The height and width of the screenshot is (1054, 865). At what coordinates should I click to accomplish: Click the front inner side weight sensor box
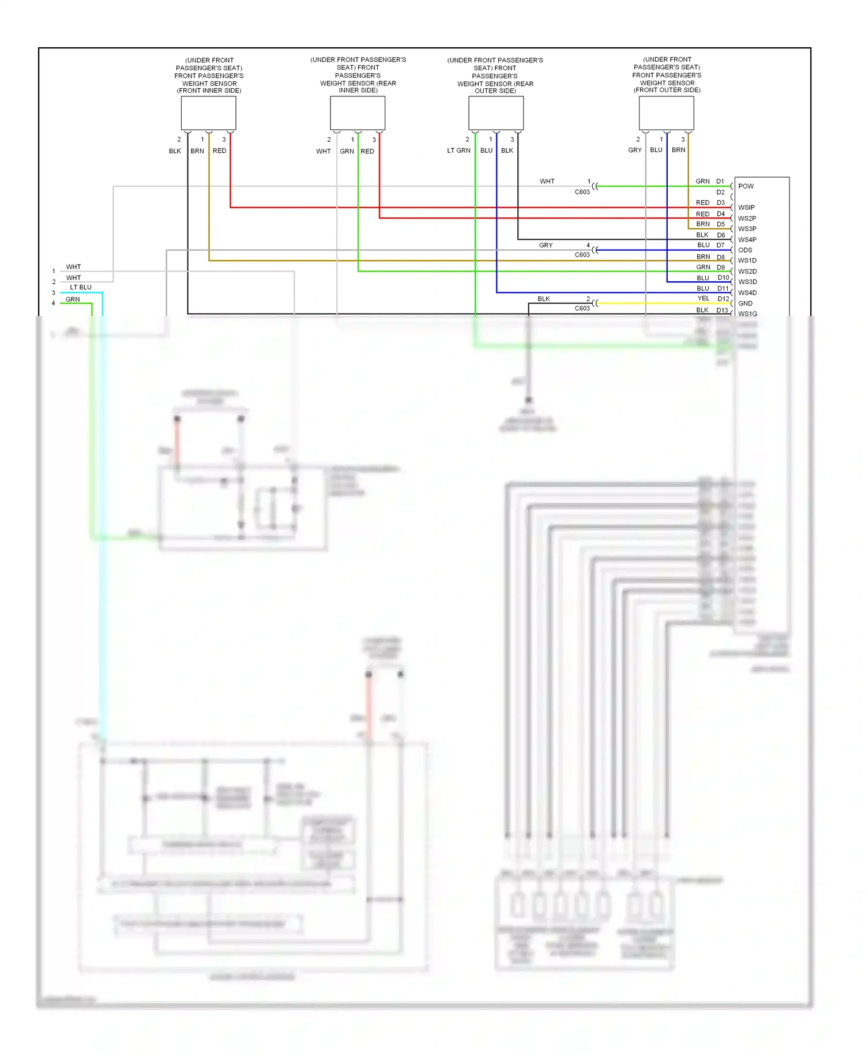(208, 113)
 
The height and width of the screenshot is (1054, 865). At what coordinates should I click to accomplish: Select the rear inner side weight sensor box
(358, 113)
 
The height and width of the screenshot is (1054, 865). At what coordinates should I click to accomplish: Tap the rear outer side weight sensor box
(496, 113)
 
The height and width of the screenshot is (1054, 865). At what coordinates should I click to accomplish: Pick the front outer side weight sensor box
(666, 113)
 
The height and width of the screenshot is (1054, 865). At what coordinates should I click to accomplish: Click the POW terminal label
(746, 186)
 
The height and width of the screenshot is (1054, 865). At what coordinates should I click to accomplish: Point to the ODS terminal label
(745, 250)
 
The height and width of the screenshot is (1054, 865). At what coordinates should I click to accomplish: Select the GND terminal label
(745, 303)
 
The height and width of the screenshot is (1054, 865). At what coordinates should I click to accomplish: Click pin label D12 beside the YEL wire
(723, 299)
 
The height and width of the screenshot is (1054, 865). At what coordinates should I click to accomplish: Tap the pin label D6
(721, 235)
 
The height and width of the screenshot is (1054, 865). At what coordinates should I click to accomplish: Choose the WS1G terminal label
(747, 314)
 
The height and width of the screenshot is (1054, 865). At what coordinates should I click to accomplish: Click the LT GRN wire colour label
(458, 150)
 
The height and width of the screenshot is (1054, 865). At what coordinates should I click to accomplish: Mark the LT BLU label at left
(81, 287)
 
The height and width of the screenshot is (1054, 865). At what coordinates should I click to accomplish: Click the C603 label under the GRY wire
(582, 255)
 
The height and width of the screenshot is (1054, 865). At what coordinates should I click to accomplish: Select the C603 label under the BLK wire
(582, 308)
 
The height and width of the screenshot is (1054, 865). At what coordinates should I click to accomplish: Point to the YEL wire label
(704, 299)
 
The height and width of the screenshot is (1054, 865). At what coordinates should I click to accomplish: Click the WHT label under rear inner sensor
(324, 152)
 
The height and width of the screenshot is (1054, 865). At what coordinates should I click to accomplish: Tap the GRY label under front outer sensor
(634, 150)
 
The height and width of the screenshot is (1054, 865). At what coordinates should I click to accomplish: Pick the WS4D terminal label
(747, 293)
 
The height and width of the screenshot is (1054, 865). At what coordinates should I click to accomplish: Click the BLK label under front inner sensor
(175, 151)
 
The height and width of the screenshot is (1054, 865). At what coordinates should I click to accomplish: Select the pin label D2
(721, 193)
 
